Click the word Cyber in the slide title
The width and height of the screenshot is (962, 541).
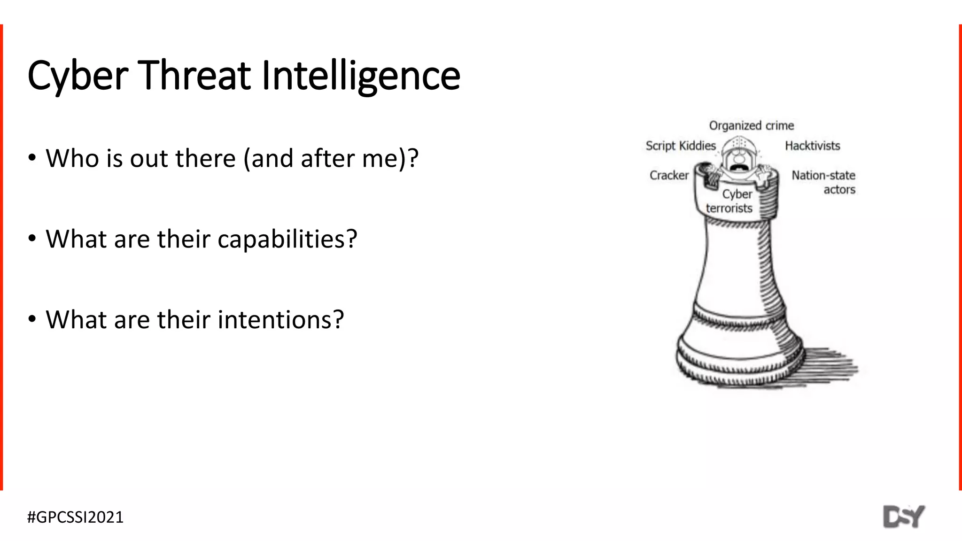click(78, 76)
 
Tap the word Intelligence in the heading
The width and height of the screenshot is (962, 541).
click(361, 76)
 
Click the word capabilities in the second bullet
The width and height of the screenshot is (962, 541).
click(287, 240)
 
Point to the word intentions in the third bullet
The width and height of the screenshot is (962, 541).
click(280, 320)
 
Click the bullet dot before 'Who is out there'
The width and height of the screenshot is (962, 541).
click(32, 158)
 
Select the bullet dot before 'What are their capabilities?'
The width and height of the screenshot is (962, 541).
click(32, 239)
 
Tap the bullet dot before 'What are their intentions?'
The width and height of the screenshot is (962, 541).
click(32, 319)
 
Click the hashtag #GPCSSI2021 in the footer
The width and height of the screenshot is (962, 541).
click(76, 517)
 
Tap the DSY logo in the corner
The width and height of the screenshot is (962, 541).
click(904, 517)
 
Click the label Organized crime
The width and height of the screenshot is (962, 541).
click(751, 126)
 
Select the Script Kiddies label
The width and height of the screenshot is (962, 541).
click(681, 146)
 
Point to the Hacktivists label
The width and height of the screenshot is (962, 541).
click(812, 146)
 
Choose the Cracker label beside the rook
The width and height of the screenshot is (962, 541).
click(669, 176)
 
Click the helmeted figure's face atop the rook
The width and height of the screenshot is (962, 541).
click(738, 160)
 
